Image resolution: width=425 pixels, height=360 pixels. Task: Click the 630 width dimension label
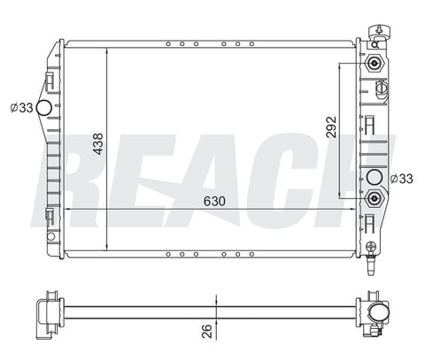214,201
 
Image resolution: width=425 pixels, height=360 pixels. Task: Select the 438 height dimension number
98,144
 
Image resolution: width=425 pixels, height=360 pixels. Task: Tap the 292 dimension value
331,127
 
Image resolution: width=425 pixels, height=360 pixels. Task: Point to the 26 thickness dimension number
207,331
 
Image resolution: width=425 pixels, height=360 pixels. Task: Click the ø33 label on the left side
21,108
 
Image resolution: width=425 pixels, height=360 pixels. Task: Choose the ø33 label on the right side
401,179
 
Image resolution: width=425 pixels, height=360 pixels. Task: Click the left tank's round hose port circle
44,108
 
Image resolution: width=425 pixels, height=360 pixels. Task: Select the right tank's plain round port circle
374,177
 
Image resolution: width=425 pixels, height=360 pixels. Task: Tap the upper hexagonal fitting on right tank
375,63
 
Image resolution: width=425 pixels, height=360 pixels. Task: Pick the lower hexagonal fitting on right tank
375,198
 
